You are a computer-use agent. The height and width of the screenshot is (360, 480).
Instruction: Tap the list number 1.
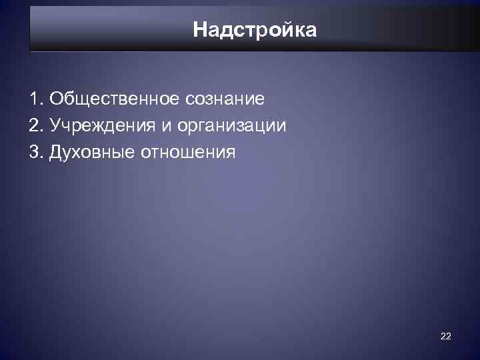pyautogui.click(x=34, y=99)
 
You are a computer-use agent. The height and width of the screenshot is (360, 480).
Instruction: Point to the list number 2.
pyautogui.click(x=35, y=126)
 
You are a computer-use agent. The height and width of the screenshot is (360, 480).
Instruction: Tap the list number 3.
pyautogui.click(x=35, y=153)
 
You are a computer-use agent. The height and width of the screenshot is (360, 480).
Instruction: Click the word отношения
pyautogui.click(x=188, y=153)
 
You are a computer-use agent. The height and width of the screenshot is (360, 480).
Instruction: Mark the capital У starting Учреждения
pyautogui.click(x=55, y=126)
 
